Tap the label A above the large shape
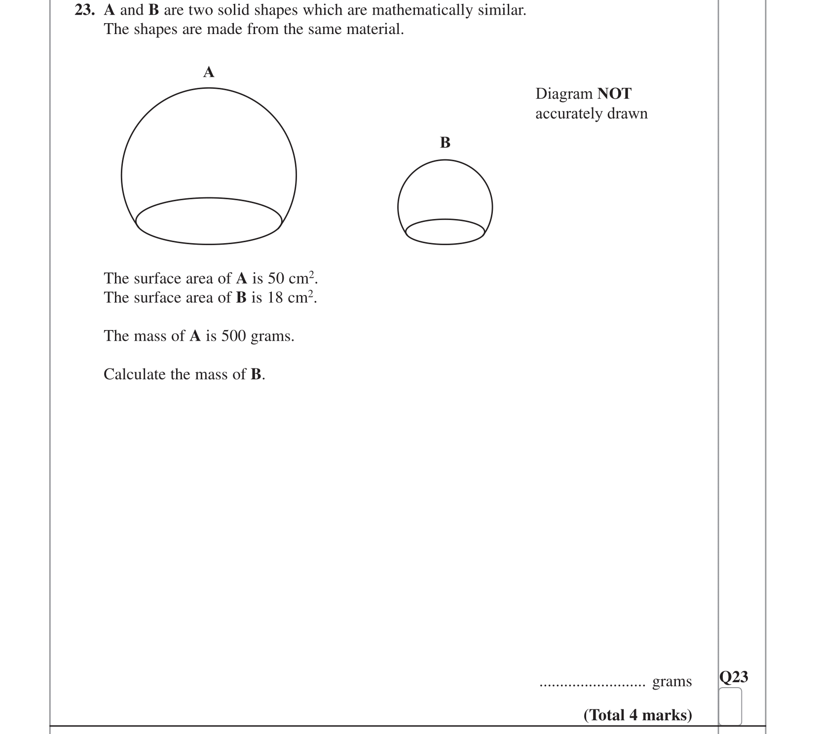[209, 73]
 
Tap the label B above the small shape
[445, 143]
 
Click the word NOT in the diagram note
[614, 94]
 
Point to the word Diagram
[564, 94]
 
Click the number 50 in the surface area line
[276, 279]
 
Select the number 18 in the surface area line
[276, 298]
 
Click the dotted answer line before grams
[592, 685]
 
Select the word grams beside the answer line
[672, 682]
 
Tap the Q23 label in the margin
[734, 677]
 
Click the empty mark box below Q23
[730, 706]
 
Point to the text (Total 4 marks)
[638, 715]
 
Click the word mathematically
[419, 10]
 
